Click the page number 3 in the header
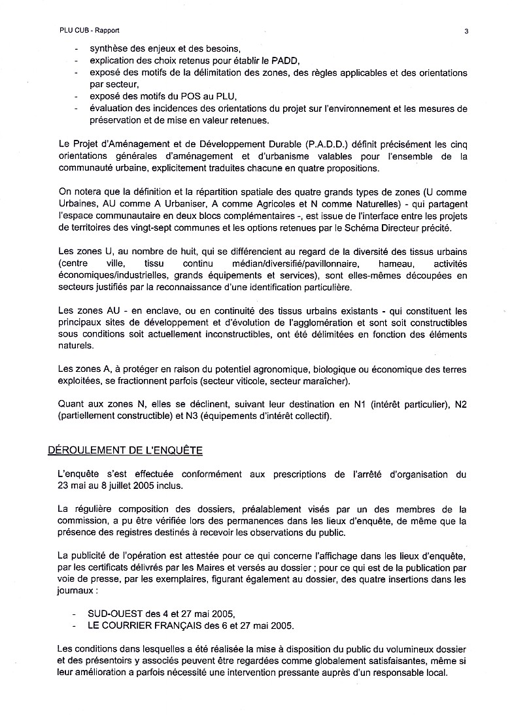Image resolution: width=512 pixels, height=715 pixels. tap(466, 30)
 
